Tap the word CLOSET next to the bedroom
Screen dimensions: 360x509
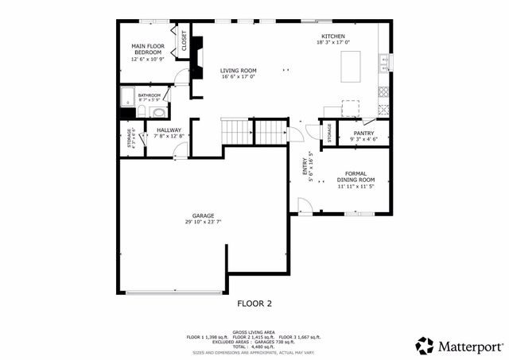tap(185, 41)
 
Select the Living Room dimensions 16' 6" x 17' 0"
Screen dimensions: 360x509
tap(239, 77)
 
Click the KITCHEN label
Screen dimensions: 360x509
tap(332, 37)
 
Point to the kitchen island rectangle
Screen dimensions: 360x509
tap(350, 66)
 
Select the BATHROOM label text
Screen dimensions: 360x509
tap(149, 95)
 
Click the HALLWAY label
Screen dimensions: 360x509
tap(169, 130)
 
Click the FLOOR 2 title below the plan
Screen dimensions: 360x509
tap(254, 303)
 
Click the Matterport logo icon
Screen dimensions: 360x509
tap(425, 346)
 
